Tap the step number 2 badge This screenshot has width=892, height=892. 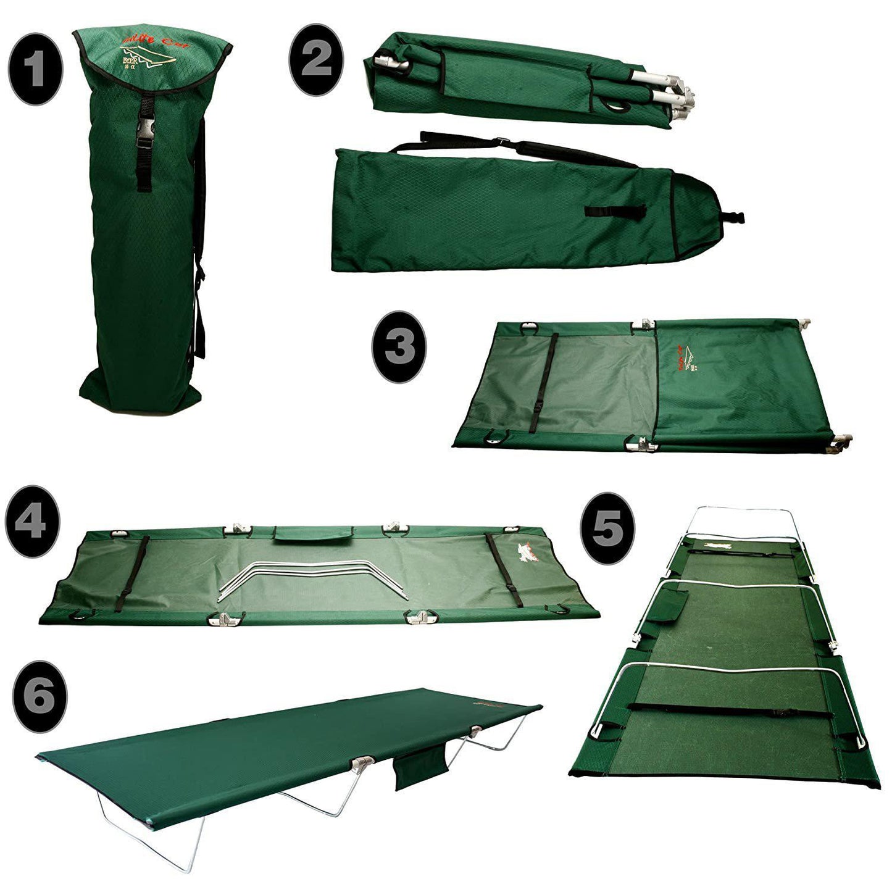pos(317,59)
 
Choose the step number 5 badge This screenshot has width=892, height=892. pos(607,527)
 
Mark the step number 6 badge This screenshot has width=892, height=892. pos(38,696)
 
